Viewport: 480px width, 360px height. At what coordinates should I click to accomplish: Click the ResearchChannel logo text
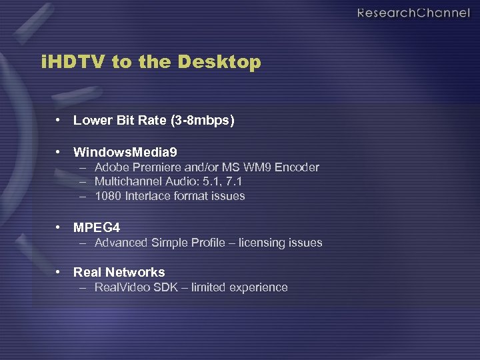[x=413, y=13]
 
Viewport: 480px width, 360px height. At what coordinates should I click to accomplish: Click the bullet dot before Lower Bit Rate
[x=59, y=121]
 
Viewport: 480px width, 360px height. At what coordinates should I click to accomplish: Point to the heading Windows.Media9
[x=125, y=153]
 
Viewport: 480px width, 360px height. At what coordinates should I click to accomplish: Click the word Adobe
[x=111, y=167]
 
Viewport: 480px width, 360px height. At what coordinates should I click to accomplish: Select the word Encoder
[x=298, y=167]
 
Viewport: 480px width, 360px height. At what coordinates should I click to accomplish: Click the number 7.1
[x=235, y=181]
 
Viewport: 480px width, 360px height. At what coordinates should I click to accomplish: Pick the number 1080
[x=107, y=196]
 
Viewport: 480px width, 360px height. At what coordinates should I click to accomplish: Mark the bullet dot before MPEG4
[x=59, y=228]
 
